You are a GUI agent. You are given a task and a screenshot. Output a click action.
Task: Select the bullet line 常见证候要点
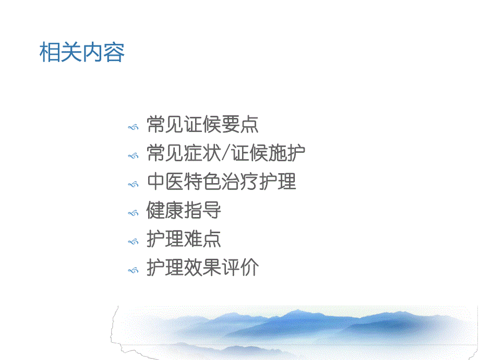point(202,125)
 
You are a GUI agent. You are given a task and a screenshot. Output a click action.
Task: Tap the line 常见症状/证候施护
point(226,153)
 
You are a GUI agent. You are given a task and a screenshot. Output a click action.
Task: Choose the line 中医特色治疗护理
point(221,182)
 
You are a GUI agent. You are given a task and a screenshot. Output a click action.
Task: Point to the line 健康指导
point(184,211)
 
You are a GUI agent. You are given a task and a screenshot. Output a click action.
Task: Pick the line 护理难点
point(184,239)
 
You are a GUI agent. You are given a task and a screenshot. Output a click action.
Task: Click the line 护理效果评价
point(202,268)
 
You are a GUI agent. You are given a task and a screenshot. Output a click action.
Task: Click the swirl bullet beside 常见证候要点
point(134,127)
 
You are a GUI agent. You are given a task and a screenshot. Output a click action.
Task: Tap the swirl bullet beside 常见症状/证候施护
point(134,155)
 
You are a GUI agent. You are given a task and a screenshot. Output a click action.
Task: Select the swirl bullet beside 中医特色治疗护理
point(134,184)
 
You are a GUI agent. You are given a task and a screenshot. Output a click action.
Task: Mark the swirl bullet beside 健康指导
point(134,213)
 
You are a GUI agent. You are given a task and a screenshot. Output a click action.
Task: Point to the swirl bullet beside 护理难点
point(134,242)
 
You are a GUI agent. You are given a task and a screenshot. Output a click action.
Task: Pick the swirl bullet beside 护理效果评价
point(134,270)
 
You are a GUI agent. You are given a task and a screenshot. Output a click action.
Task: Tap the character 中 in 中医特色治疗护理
point(156,182)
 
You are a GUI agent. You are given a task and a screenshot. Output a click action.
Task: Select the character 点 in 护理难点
point(212,239)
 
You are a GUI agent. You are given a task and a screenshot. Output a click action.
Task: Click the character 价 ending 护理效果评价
point(249,268)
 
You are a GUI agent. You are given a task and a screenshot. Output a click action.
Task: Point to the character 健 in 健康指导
point(156,211)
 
